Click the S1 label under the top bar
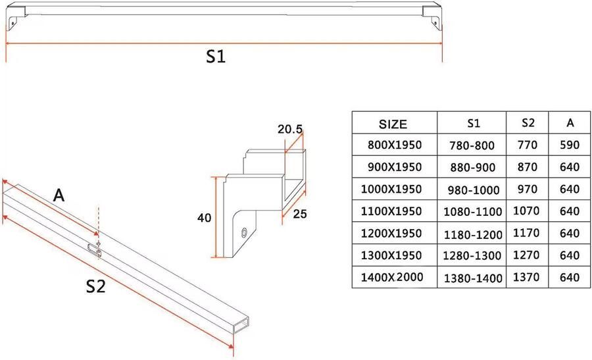[x=216, y=57]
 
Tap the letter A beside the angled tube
[x=59, y=195]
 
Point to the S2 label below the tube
[x=95, y=287]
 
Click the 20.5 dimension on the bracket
[x=290, y=129]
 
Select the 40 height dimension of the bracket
[x=205, y=218]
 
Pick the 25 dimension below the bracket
[x=300, y=214]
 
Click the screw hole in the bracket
[x=245, y=232]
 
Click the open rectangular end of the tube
[x=241, y=324]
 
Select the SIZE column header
[x=393, y=124]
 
